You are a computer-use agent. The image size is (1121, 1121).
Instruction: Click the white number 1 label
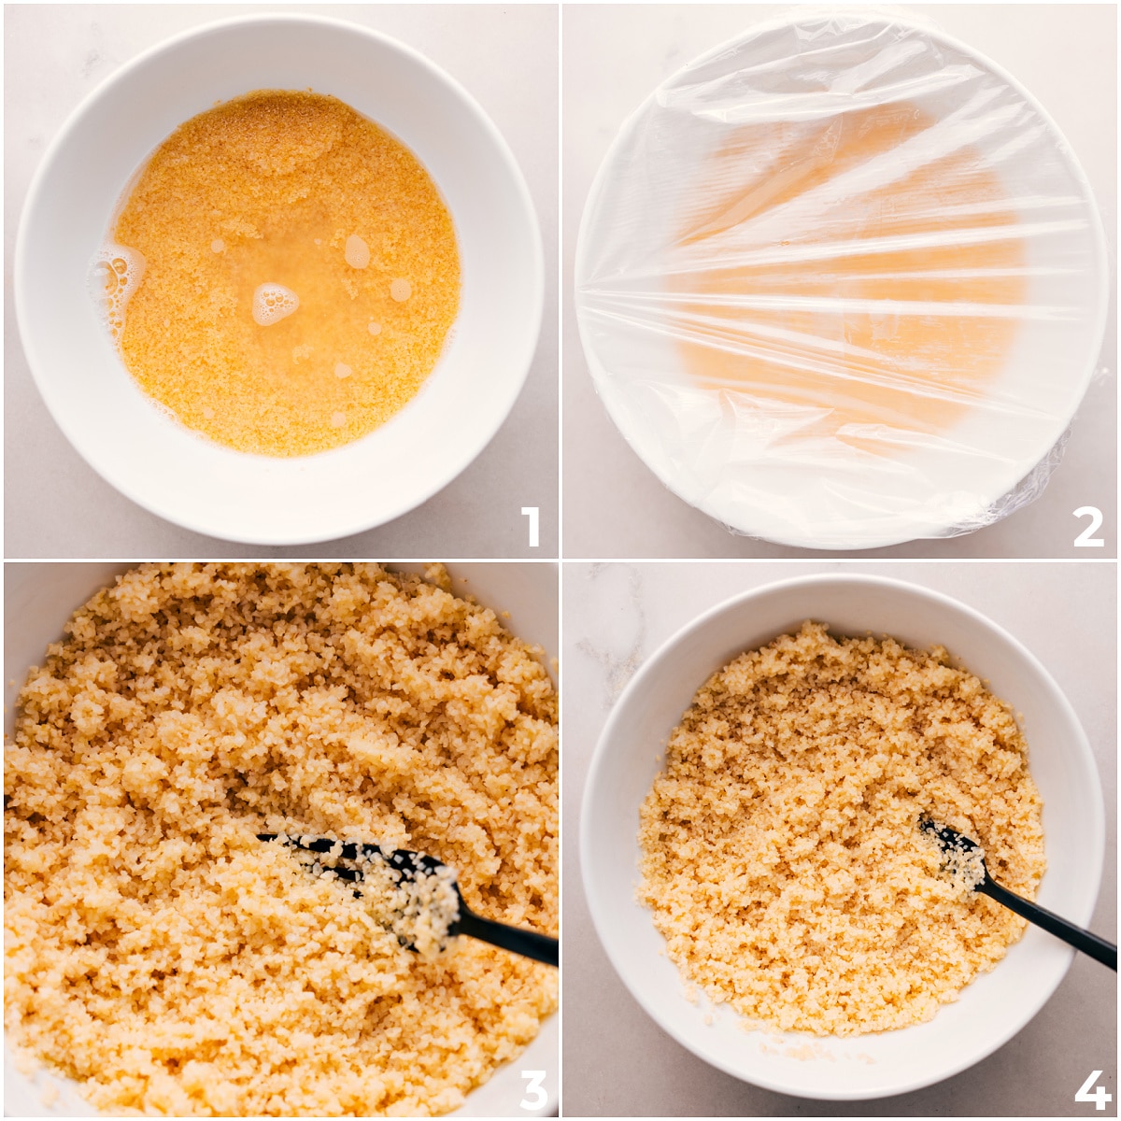click(531, 527)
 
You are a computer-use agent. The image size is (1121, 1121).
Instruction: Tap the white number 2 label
click(1088, 527)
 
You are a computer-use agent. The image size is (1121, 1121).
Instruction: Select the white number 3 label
click(532, 1088)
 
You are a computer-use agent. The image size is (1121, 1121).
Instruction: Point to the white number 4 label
click(1091, 1089)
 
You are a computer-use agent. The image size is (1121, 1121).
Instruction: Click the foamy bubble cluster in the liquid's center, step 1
click(274, 303)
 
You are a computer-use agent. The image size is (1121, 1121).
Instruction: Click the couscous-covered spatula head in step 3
click(411, 892)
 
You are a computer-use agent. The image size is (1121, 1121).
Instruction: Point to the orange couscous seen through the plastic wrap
click(841, 280)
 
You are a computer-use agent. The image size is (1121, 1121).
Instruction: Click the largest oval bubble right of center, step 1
click(357, 250)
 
